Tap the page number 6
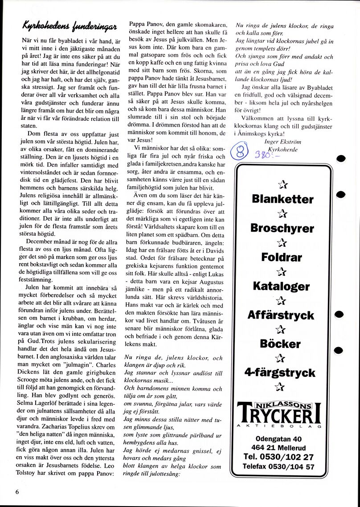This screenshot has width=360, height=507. point(17,491)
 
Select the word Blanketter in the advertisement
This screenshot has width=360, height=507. point(282,199)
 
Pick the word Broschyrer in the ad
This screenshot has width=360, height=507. point(282,229)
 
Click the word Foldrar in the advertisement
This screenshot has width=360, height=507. point(282,258)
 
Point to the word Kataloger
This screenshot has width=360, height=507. point(282,286)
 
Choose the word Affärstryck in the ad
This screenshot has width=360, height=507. point(282,315)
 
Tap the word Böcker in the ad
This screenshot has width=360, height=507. point(282,344)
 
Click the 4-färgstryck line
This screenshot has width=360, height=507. point(282,372)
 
